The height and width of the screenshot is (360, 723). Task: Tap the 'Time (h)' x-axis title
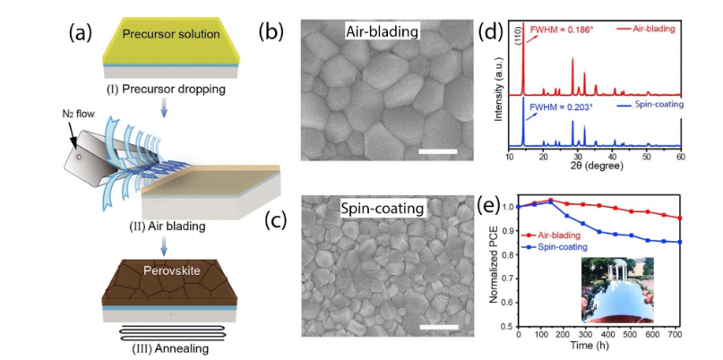598,346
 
